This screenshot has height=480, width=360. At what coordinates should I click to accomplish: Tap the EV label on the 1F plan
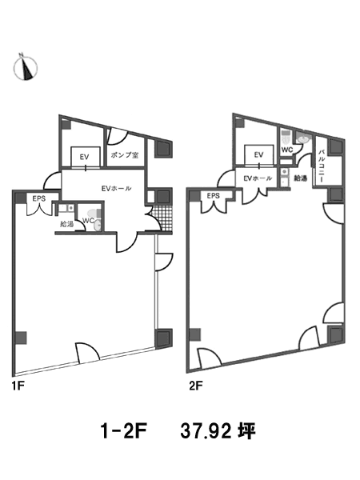tap(84, 157)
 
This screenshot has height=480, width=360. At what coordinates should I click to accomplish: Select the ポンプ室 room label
tap(125, 155)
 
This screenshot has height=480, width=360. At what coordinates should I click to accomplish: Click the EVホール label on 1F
tap(116, 189)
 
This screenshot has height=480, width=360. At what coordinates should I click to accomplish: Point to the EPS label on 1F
tap(39, 198)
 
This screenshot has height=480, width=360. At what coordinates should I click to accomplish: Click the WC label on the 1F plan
tap(89, 221)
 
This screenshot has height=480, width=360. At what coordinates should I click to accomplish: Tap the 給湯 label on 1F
tap(66, 224)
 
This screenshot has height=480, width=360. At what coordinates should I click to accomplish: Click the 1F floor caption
tap(18, 386)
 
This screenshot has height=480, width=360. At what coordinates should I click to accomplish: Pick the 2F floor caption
tap(196, 386)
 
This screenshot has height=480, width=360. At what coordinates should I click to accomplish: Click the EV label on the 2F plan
tap(258, 155)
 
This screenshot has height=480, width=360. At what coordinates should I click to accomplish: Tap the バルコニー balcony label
tap(321, 166)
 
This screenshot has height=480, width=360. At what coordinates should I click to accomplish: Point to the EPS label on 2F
tap(214, 196)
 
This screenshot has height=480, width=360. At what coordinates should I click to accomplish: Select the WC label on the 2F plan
tap(287, 150)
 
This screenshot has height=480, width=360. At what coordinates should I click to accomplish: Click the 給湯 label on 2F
tap(300, 178)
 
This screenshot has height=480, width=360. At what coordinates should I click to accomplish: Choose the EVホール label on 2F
tap(258, 178)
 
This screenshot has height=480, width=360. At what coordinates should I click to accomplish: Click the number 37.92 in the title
tap(206, 431)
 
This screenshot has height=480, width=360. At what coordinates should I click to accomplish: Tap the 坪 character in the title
tap(246, 431)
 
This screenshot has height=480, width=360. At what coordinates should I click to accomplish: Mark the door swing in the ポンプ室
tap(117, 137)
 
